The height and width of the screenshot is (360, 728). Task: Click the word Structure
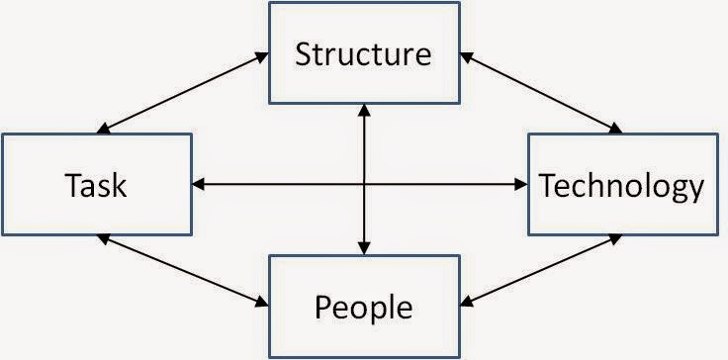coord(364,53)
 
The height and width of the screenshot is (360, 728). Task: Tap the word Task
coord(96,185)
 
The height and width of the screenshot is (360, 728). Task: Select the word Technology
coord(622,187)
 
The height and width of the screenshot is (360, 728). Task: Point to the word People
coord(364,307)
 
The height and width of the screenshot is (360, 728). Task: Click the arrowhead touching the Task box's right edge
coord(198,184)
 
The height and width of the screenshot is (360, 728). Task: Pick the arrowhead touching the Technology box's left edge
coord(521,184)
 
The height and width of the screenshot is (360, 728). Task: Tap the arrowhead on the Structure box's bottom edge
coord(364,110)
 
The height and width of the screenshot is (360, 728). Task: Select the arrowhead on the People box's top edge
coord(364,248)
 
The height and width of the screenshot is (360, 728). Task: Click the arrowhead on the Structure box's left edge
coord(262,57)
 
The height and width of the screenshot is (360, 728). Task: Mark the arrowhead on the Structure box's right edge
coord(467,57)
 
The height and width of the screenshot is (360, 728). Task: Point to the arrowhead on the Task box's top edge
coord(104,128)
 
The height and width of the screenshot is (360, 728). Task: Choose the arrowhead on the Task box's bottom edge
coord(104,239)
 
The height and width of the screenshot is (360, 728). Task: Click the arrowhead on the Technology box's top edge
coord(615,128)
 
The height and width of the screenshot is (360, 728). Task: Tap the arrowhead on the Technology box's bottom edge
coord(615,239)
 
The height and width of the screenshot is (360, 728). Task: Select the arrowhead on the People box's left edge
coord(262,302)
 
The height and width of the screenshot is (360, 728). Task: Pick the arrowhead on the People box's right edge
coord(467,302)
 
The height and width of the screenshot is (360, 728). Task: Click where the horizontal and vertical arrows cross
coord(364,184)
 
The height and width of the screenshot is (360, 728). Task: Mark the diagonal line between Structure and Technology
coord(541,92)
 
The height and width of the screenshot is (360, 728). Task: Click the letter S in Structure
coord(303,53)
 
